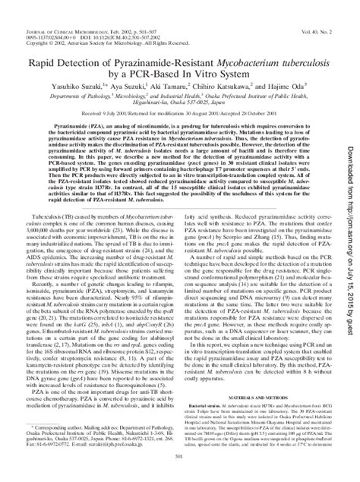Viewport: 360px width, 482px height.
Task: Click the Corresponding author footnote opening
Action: coord(55,427)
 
